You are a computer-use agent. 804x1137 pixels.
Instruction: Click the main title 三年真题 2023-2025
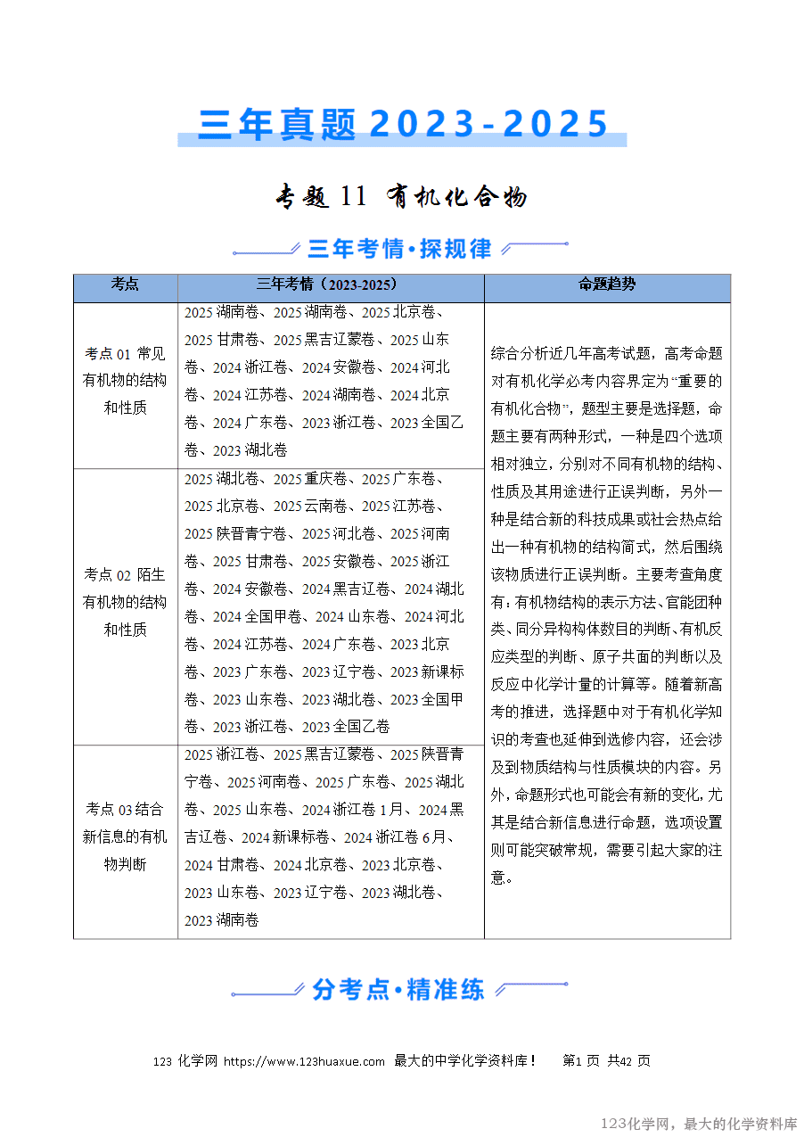(x=402, y=124)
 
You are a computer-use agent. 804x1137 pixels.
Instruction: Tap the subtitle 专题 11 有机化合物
(x=402, y=196)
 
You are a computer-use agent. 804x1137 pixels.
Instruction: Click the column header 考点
(x=125, y=284)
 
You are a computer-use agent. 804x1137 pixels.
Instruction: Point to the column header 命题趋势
(x=607, y=284)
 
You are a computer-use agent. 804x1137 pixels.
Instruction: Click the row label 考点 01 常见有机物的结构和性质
(x=125, y=381)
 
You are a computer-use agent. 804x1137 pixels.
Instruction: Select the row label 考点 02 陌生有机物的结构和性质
(x=125, y=602)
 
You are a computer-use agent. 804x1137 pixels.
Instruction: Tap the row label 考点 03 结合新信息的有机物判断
(x=125, y=836)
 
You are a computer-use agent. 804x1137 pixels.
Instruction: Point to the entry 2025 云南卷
(x=313, y=507)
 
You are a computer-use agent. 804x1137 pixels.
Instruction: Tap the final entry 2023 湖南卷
(x=222, y=919)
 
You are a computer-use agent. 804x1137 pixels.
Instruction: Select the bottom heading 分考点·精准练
(x=398, y=989)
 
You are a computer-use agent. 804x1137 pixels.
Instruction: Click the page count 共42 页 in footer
(x=629, y=1061)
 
